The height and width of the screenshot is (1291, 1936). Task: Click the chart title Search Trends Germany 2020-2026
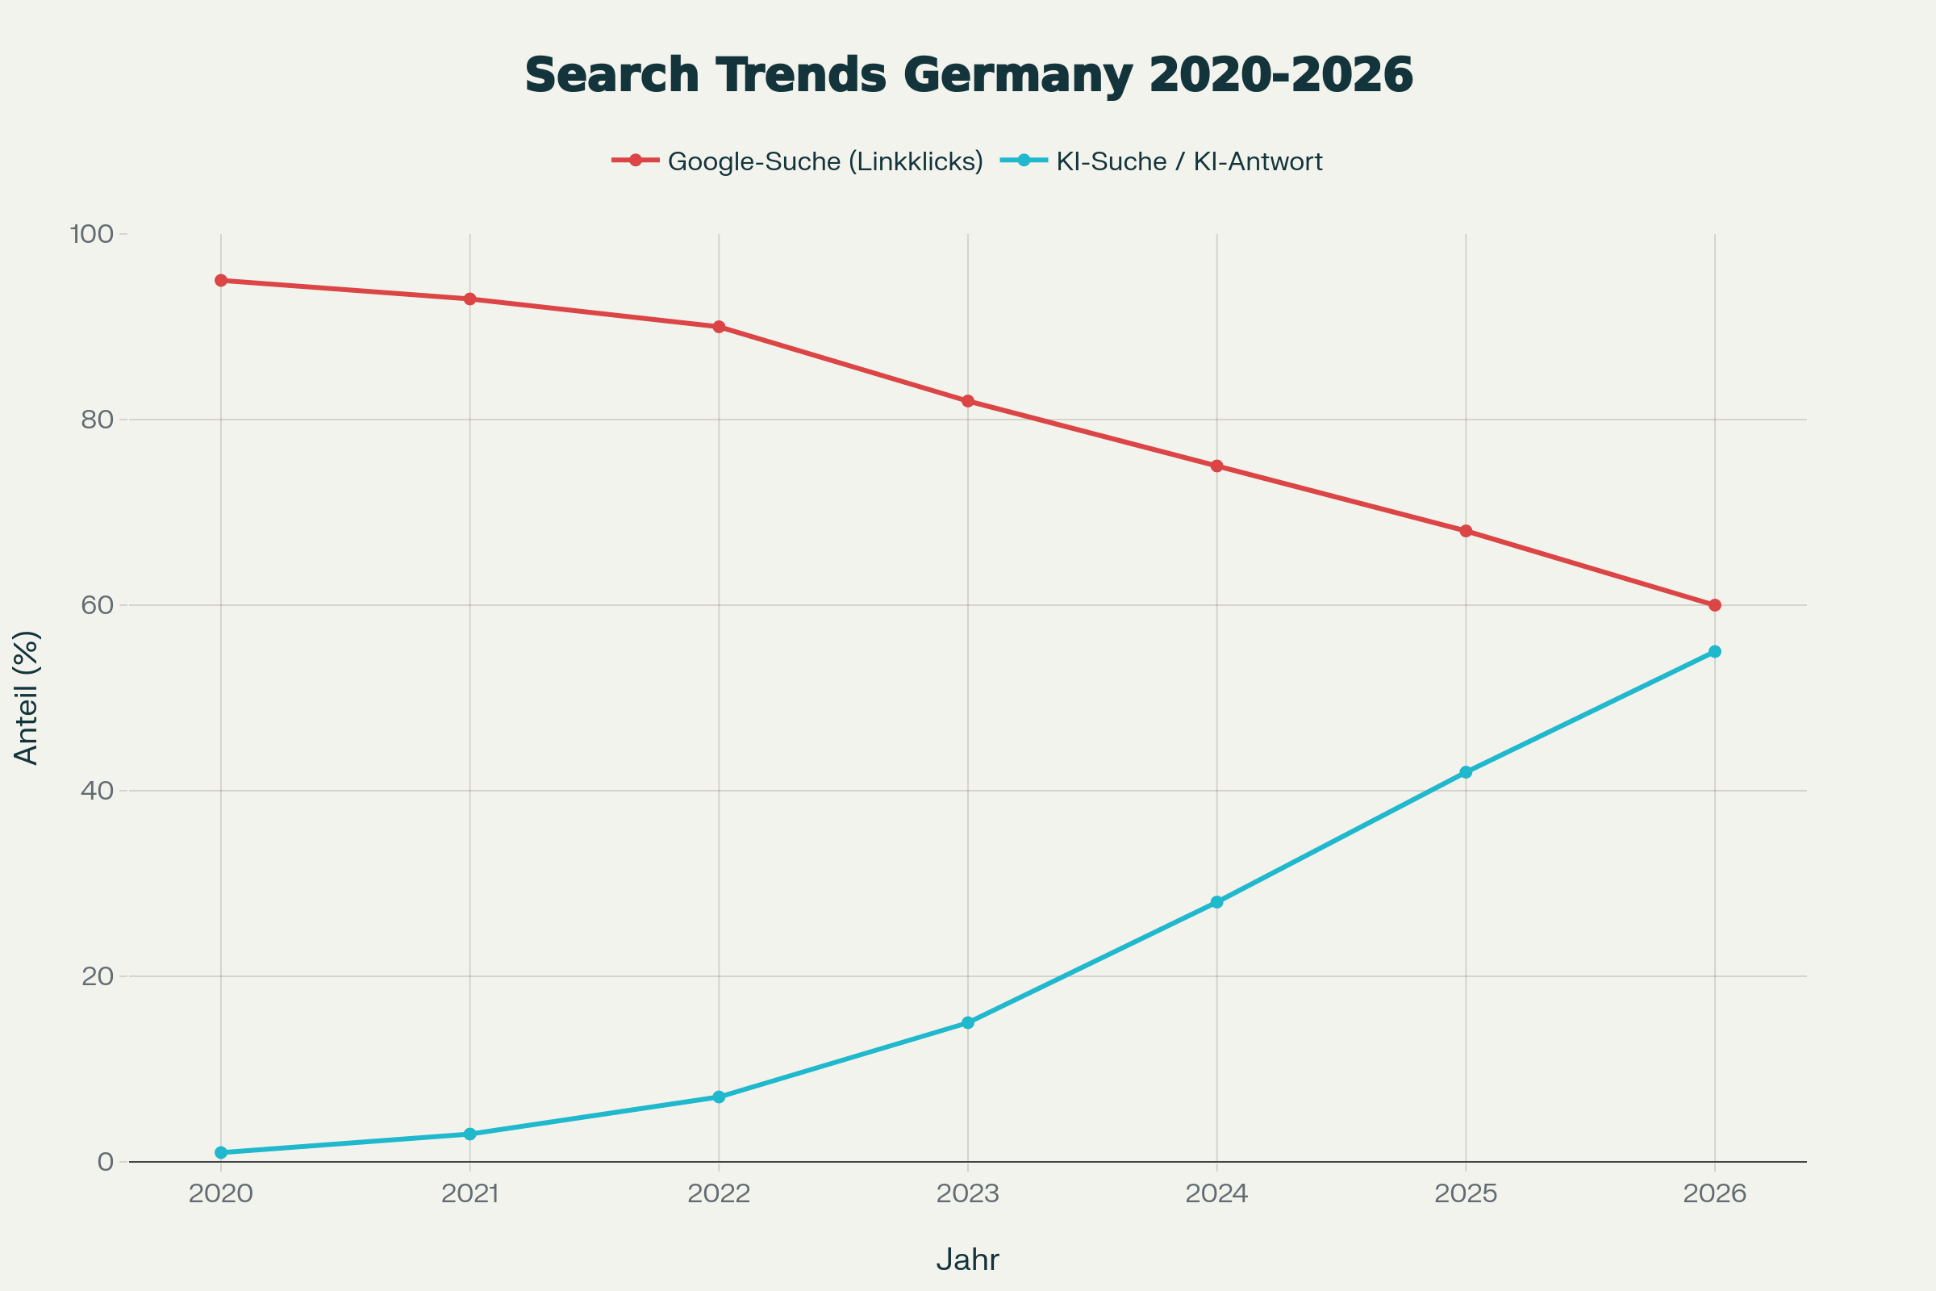(x=968, y=75)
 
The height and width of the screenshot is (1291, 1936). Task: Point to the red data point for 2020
(x=220, y=281)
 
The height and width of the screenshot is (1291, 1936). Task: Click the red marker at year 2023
(x=968, y=401)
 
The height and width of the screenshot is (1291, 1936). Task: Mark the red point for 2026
(x=1715, y=605)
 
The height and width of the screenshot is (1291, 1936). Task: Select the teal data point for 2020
(x=220, y=1153)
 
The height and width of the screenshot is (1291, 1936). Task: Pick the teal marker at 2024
(x=1216, y=902)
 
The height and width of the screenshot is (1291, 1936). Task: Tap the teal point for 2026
(x=1715, y=652)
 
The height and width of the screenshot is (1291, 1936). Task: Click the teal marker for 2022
(x=719, y=1097)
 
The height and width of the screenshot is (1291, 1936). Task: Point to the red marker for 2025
(x=1466, y=531)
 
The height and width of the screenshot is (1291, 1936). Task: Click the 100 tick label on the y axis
(x=91, y=234)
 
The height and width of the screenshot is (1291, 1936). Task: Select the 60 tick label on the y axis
(x=97, y=605)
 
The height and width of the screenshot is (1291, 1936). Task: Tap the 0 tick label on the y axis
(x=106, y=1162)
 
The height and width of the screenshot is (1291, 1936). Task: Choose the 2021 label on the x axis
(x=470, y=1194)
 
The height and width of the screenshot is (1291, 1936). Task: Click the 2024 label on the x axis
(x=1216, y=1194)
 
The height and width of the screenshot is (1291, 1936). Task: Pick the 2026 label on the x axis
(x=1715, y=1194)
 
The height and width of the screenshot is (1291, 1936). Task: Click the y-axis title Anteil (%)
(x=27, y=698)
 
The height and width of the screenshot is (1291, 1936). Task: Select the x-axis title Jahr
(x=968, y=1260)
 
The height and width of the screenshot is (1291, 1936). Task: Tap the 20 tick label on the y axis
(x=97, y=976)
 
